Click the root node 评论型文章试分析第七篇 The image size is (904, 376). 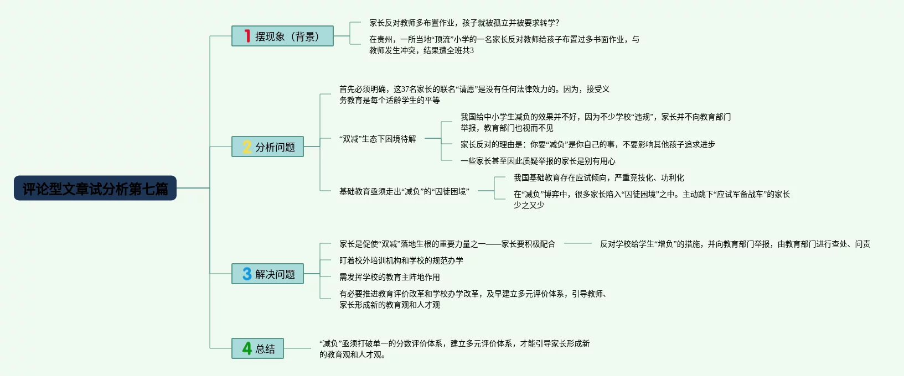tap(95, 189)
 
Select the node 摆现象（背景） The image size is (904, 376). tap(282, 36)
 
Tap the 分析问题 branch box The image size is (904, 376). tap(267, 147)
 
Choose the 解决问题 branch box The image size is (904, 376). tap(267, 274)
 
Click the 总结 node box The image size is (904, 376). tap(257, 349)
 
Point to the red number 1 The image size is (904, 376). tap(247, 36)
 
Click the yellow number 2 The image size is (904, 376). tap(247, 147)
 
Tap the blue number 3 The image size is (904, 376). tap(247, 274)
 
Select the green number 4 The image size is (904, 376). tap(247, 348)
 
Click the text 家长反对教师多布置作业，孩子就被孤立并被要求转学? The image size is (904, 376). tap(464, 23)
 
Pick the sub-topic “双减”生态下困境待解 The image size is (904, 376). tap(378, 139)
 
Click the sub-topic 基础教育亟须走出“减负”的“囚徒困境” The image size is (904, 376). tap(404, 191)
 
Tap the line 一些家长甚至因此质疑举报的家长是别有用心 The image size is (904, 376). tap(538, 161)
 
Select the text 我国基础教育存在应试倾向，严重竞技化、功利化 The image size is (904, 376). tap(598, 178)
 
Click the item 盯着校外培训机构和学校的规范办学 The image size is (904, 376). tap(401, 260)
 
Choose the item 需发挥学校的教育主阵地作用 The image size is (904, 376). tap(389, 277)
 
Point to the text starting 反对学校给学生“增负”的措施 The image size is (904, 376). tap(735, 244)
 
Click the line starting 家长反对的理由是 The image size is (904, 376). tap(587, 144)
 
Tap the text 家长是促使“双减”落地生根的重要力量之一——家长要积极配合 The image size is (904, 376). tap(447, 244)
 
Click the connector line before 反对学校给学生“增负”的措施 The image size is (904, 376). tap(577, 244)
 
